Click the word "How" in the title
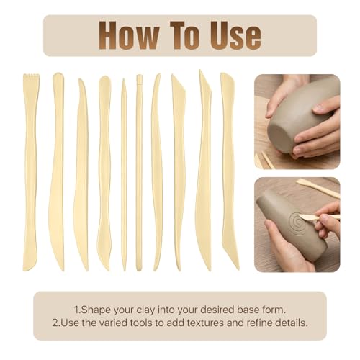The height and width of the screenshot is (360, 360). (x=129, y=35)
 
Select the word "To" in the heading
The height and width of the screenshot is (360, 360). (x=185, y=35)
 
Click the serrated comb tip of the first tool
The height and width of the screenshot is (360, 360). (x=31, y=78)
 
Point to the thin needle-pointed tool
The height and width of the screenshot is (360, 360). (x=124, y=174)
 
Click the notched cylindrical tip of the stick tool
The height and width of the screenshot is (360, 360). (x=139, y=79)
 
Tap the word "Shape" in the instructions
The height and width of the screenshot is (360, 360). (x=96, y=310)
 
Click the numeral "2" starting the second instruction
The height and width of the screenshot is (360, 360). (x=55, y=323)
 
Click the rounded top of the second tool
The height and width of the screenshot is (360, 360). (x=58, y=76)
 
